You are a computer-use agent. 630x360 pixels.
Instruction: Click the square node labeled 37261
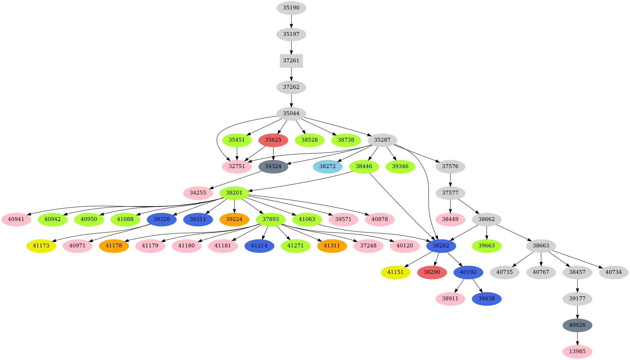click(291, 61)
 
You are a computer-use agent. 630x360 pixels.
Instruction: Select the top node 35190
click(291, 8)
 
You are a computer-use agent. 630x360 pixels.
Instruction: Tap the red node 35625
click(273, 140)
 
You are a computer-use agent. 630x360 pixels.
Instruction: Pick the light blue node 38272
click(327, 166)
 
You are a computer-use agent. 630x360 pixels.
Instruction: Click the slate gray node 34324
click(273, 166)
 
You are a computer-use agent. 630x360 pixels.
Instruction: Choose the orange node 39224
click(234, 219)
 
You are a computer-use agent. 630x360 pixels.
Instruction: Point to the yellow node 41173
click(41, 246)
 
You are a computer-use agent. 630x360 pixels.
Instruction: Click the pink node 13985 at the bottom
click(577, 351)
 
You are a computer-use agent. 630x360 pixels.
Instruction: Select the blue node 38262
click(441, 246)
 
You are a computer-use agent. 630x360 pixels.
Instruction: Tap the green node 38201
click(234, 193)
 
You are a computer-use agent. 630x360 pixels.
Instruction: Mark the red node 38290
click(432, 272)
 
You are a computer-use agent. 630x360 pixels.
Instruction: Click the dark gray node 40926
click(577, 325)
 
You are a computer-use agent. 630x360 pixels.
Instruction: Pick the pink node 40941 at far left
click(16, 219)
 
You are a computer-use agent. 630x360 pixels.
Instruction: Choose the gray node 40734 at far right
click(613, 272)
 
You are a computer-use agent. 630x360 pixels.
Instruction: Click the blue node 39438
click(486, 299)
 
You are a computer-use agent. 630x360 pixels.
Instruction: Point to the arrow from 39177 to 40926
click(577, 312)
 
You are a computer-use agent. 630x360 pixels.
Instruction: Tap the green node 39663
click(486, 246)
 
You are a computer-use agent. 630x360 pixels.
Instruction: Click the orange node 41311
click(332, 246)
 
